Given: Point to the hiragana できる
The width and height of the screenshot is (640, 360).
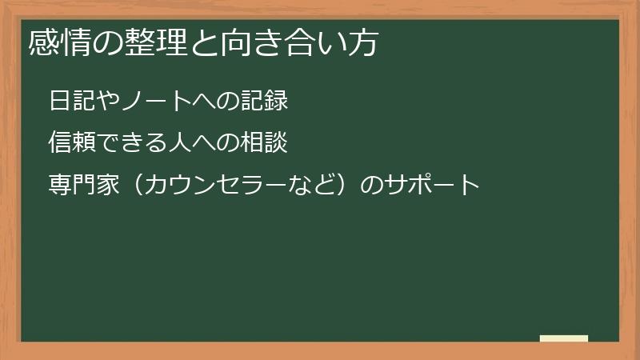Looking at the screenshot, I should tap(131, 143).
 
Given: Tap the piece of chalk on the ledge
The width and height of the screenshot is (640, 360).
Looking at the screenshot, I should tap(564, 338).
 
